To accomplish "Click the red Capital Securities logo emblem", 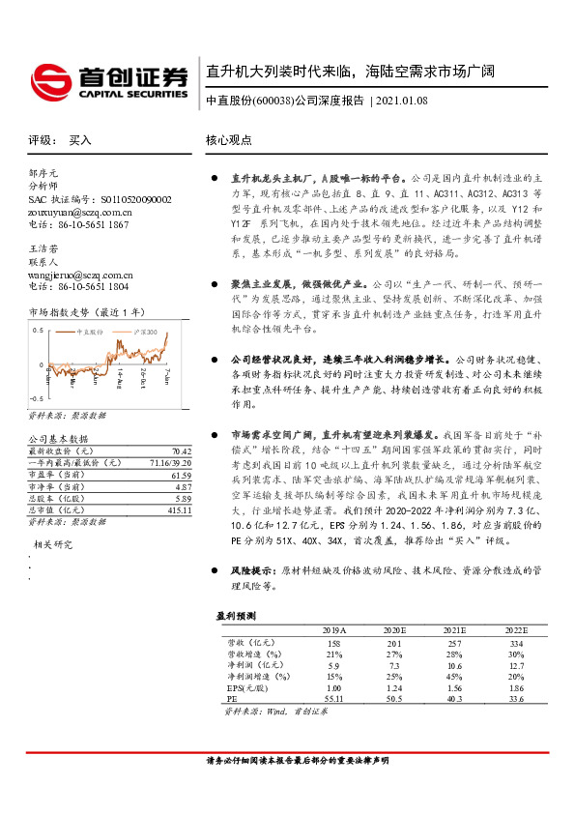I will [49, 77].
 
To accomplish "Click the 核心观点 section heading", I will [228, 140].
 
